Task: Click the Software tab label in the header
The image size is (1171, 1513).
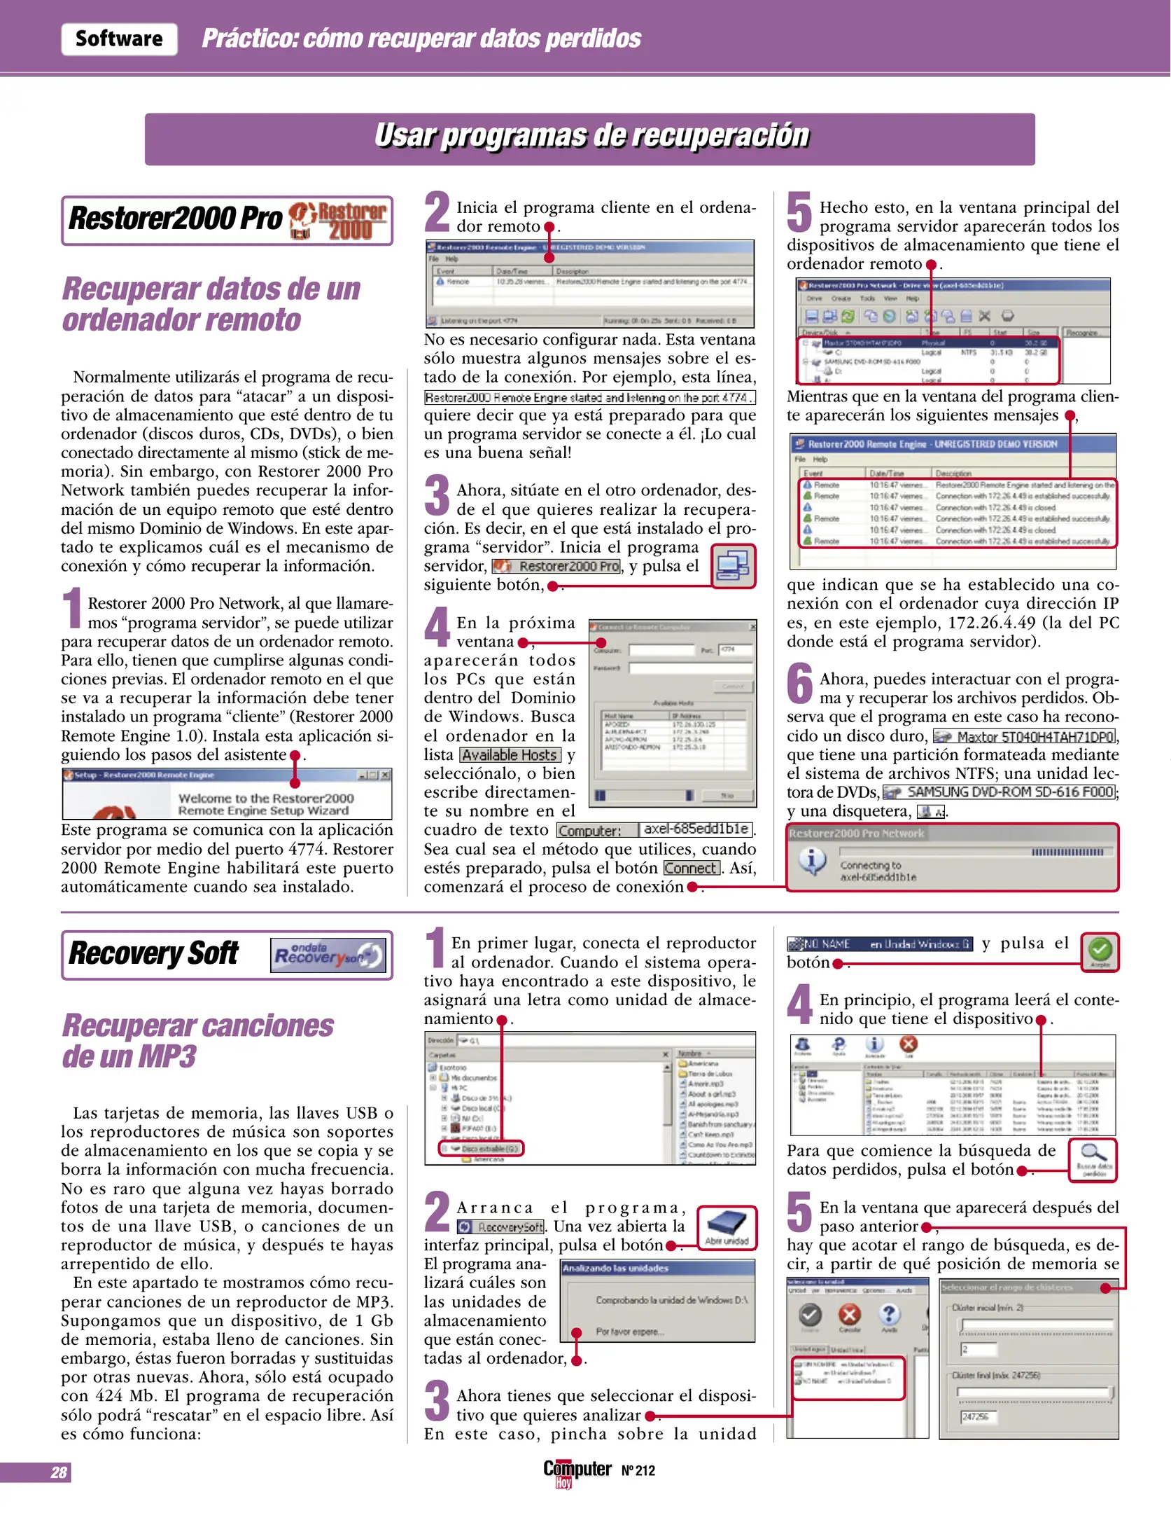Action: tap(119, 39)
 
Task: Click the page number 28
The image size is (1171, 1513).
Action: tap(59, 1472)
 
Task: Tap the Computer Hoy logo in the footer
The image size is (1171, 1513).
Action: tap(577, 1471)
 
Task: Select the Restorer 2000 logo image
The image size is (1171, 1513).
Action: tap(339, 221)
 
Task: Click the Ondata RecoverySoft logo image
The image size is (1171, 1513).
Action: tap(328, 955)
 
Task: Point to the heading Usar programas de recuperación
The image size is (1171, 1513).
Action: tap(590, 137)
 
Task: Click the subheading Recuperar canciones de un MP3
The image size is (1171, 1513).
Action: tap(198, 1041)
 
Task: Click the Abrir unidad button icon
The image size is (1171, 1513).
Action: tap(727, 1227)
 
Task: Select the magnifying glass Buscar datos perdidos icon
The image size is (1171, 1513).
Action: tap(1093, 1159)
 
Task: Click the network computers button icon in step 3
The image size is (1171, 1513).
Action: tap(733, 565)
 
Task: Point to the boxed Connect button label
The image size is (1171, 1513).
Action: tap(692, 868)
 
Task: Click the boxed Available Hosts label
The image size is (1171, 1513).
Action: tap(510, 755)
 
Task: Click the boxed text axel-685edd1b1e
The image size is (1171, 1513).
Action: tap(696, 829)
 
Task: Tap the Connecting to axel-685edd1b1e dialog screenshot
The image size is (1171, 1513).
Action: tap(952, 858)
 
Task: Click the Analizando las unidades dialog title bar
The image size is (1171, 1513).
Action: tap(657, 1268)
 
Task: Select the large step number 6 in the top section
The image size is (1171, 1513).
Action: tap(799, 684)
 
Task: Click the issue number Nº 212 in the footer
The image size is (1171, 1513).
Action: tap(638, 1471)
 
